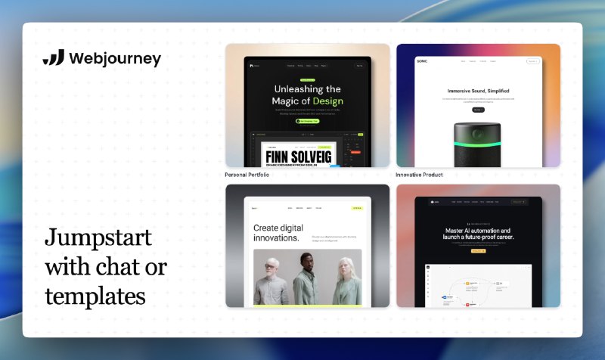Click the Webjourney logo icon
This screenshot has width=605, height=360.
54,58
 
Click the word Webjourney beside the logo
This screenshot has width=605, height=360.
114,59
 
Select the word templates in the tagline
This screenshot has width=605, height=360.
95,295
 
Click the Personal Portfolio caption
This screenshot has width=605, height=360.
247,175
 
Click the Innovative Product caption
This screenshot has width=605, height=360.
419,175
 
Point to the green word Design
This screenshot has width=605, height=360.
327,101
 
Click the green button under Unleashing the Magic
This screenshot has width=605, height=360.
308,120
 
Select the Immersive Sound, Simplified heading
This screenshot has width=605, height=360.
477,90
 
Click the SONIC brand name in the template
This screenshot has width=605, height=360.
422,61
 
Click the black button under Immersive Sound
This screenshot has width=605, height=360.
477,110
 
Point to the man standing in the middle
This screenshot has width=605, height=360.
306,280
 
